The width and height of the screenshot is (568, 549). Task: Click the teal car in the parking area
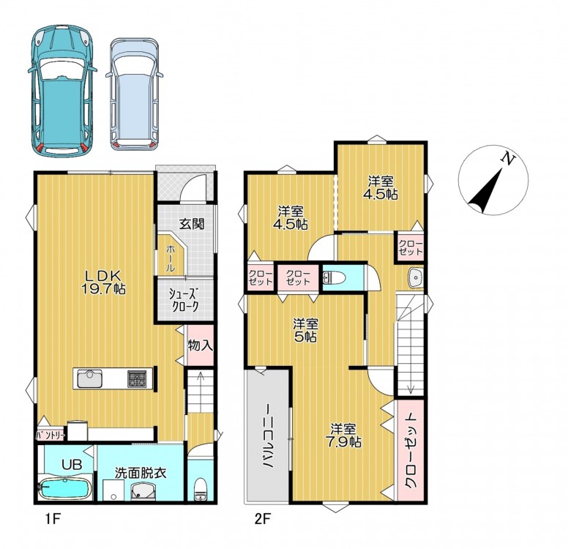click(63, 90)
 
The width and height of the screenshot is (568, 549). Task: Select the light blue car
click(135, 94)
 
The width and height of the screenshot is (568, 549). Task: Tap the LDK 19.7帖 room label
click(102, 283)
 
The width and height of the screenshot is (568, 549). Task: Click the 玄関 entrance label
click(192, 224)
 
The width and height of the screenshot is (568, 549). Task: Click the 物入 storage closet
click(200, 346)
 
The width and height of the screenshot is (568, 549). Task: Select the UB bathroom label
click(72, 465)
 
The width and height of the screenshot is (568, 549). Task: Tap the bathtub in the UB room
click(64, 488)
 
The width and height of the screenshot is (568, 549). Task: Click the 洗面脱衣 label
click(141, 473)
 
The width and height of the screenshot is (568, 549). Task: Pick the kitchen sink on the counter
click(89, 378)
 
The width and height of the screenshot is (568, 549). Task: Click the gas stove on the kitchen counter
click(138, 379)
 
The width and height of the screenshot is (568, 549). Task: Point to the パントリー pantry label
click(51, 436)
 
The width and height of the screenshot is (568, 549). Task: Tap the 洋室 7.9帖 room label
click(345, 436)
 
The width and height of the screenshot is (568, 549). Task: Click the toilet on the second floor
click(334, 278)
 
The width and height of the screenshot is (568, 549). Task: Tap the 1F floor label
click(53, 520)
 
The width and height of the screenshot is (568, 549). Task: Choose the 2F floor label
click(263, 520)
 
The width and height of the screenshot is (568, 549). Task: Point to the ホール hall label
click(171, 258)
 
